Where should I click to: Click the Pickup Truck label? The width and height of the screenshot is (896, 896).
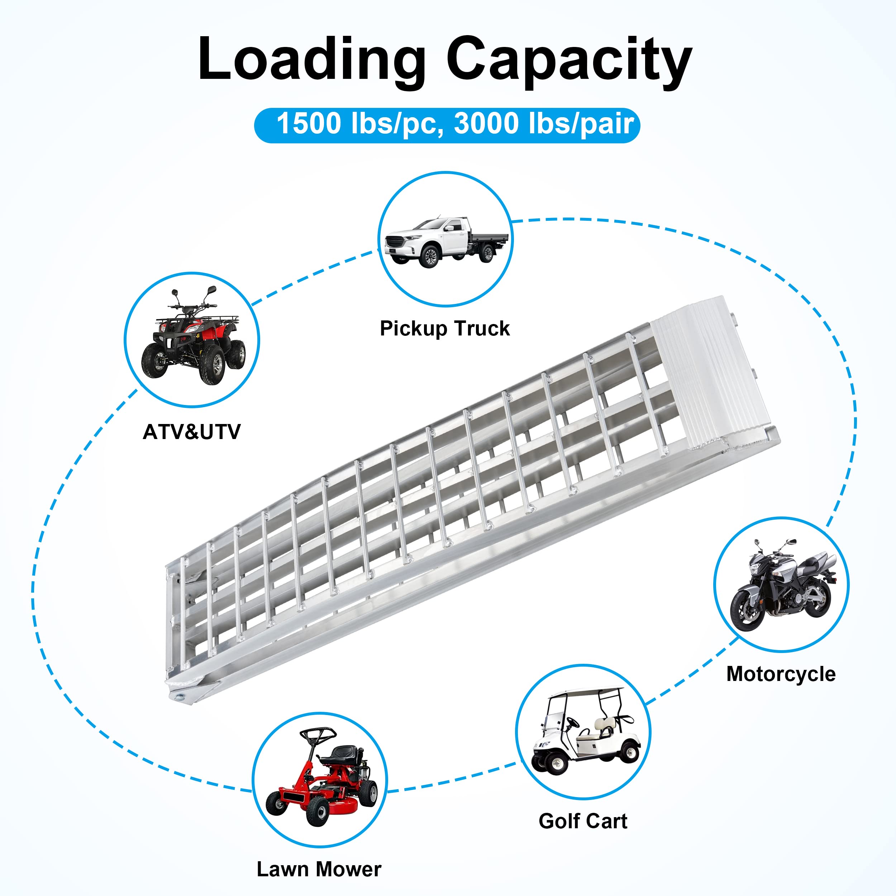pos(444,328)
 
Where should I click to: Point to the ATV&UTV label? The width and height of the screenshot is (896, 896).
pos(191,432)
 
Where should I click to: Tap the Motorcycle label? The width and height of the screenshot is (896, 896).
pos(781,674)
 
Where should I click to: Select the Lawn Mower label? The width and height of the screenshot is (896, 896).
pos(319,869)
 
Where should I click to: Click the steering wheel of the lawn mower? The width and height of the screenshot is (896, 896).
pos(318,734)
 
